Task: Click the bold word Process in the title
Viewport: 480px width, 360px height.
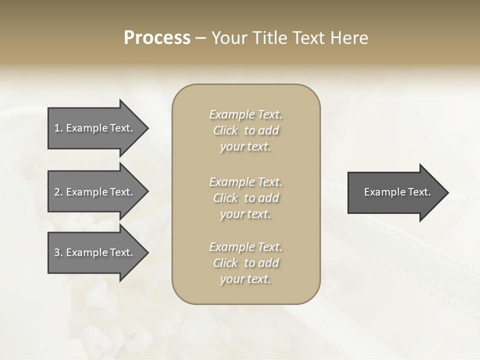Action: coord(157,38)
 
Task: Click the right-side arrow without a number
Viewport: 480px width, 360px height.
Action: coord(395,192)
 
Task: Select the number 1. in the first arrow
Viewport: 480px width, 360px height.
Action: coord(58,128)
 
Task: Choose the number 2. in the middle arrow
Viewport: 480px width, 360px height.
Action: coord(58,192)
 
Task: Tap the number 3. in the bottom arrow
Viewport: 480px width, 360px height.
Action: coord(58,252)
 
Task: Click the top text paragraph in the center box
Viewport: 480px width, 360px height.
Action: coord(245,130)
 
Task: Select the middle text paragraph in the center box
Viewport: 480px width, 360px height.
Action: coord(245,198)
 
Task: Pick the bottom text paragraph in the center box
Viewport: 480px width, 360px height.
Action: coord(245,263)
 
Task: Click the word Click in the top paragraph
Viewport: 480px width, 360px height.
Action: coord(225,130)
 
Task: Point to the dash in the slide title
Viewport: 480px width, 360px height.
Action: coord(200,38)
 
